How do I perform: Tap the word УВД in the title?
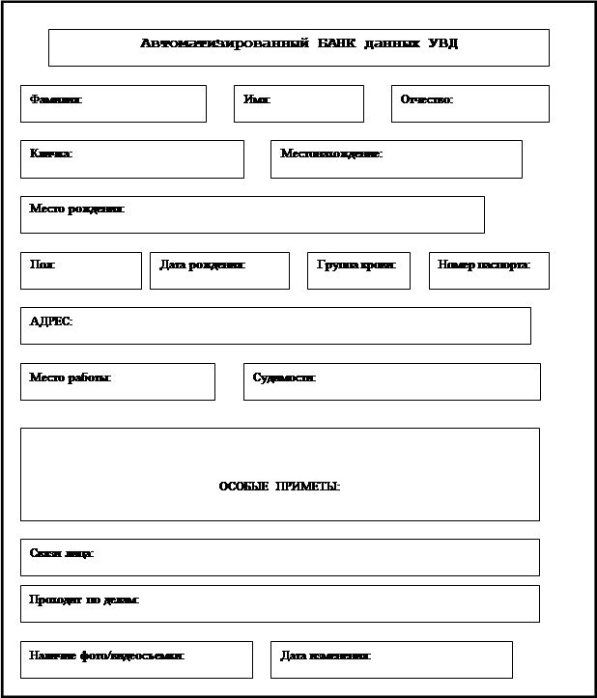point(441,43)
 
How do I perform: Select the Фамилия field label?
point(56,99)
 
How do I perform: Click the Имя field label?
point(257,99)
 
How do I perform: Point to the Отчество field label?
point(427,99)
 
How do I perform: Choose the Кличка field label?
point(51,154)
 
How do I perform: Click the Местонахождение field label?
point(331,154)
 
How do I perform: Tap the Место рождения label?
point(77,209)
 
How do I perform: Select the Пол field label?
point(43,265)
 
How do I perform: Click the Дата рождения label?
point(202,265)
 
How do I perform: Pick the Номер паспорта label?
point(484,265)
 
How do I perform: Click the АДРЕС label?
point(50,321)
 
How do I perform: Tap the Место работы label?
point(71,377)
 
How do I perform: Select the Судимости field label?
point(284,377)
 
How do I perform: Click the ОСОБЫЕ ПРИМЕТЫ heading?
point(279,487)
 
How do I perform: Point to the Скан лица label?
point(62,553)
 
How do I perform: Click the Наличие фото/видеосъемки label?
point(107,656)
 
